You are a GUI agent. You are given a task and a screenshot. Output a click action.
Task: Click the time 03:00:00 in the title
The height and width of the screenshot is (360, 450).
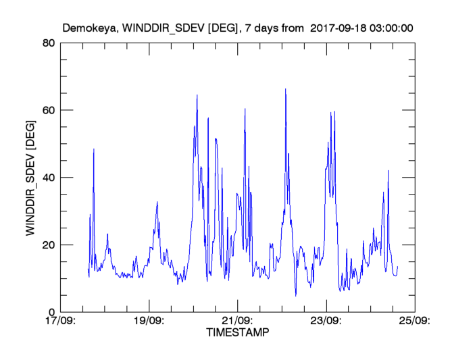[x=391, y=28]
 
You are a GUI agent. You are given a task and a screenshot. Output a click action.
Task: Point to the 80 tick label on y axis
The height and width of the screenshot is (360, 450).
[x=48, y=43]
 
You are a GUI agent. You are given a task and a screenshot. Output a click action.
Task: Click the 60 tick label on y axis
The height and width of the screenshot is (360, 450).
[x=48, y=110]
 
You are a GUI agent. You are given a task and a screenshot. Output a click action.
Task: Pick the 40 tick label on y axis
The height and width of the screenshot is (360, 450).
[x=48, y=178]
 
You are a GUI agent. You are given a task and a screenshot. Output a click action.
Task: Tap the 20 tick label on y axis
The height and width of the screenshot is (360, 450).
[x=48, y=245]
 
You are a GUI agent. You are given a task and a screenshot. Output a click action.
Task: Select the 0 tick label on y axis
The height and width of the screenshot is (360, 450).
[x=51, y=312]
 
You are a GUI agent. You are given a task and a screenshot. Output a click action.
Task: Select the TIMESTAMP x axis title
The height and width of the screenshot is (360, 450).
[x=237, y=333]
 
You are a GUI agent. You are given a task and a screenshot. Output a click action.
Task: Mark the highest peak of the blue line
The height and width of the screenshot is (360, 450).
[x=285, y=88]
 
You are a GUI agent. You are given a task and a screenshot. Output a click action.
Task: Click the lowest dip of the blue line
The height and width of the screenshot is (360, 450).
[x=295, y=296]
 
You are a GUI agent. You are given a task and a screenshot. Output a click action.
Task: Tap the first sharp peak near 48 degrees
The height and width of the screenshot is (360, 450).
[x=94, y=149]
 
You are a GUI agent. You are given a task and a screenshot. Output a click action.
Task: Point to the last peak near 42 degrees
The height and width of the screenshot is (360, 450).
[x=388, y=170]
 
